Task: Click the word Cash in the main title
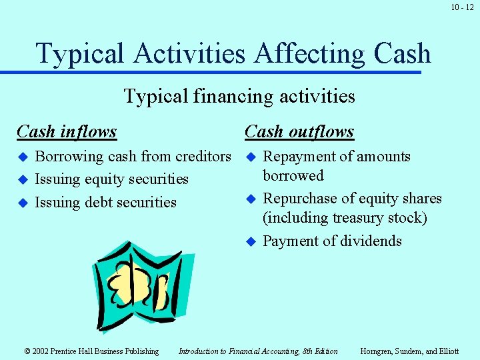tap(393, 53)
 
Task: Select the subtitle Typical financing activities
tap(239, 97)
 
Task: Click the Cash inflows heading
tap(67, 132)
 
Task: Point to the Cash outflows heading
tap(299, 132)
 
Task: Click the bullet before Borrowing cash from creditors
tap(23, 157)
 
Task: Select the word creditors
tap(203, 157)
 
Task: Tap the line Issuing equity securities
tap(111, 179)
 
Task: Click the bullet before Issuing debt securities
tap(23, 203)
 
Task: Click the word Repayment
tap(300, 157)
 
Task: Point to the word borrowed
tap(293, 176)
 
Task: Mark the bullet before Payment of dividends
tap(251, 241)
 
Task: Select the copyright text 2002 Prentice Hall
tap(91, 351)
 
